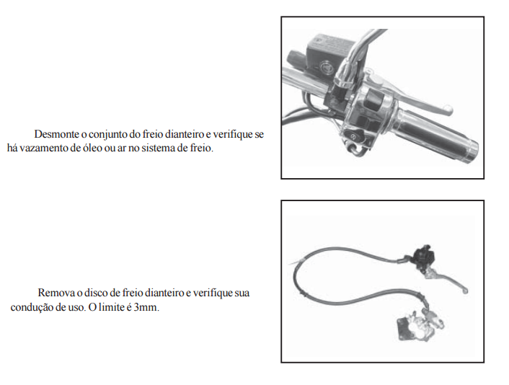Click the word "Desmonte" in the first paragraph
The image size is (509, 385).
coord(56,134)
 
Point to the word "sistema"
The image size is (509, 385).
coord(160,148)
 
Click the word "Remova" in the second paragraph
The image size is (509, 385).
coord(56,293)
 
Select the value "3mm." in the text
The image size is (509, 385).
coord(146,307)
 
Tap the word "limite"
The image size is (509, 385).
coord(111,307)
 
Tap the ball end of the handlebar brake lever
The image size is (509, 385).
coord(448,110)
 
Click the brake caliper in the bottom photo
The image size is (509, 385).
coord(421,326)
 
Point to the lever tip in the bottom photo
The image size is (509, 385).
coord(465,291)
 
